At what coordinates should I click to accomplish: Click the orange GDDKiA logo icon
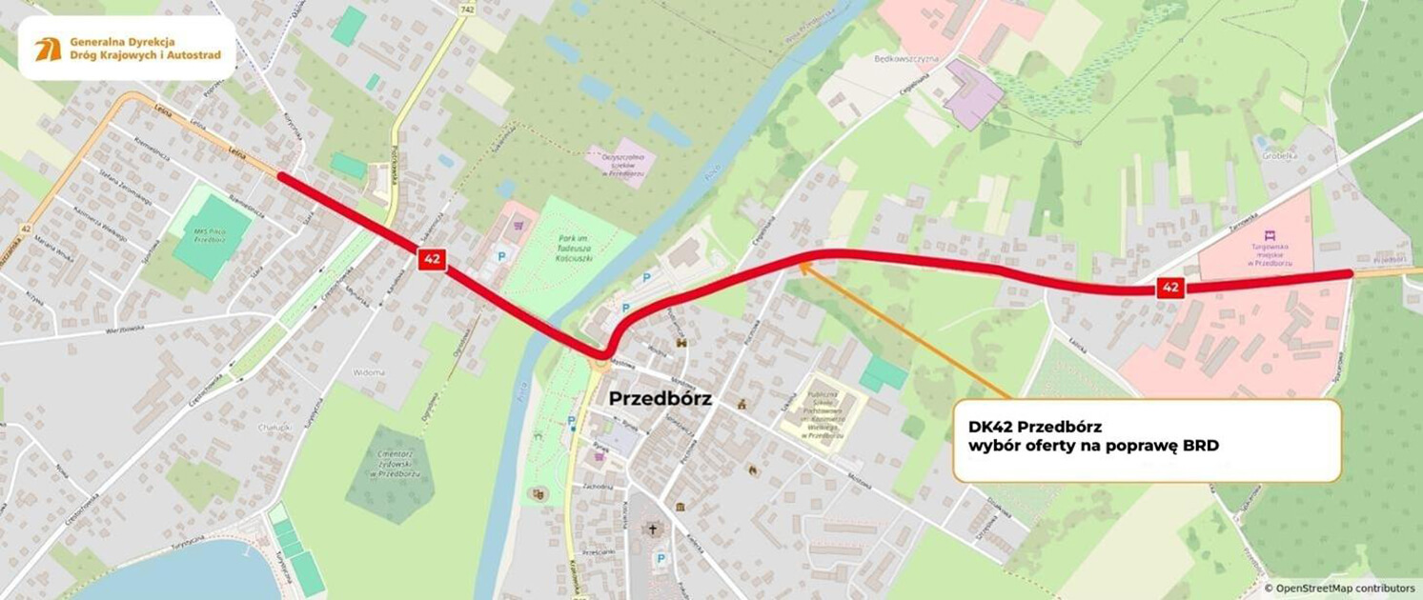click(x=48, y=49)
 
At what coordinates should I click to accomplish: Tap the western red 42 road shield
click(x=431, y=259)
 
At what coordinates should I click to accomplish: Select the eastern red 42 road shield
click(x=1171, y=288)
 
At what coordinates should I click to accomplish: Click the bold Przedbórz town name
click(x=660, y=399)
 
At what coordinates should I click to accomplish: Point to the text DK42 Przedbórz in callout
click(x=1034, y=427)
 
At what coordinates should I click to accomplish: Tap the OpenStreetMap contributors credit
click(x=1342, y=589)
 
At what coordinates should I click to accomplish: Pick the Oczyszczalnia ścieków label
click(x=621, y=163)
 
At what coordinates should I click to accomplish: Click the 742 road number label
click(x=466, y=10)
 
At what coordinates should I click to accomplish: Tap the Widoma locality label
click(x=368, y=372)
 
